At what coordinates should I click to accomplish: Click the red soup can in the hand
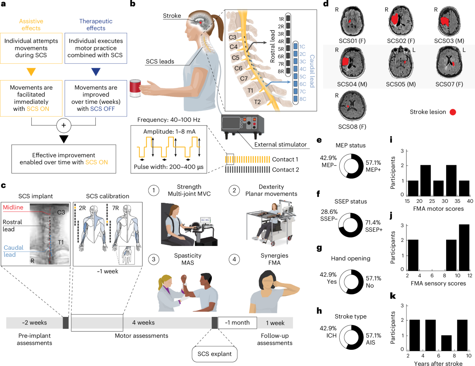click(x=135, y=88)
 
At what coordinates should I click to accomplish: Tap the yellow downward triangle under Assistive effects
click(x=31, y=72)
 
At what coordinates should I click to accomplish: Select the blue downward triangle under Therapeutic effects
click(x=96, y=72)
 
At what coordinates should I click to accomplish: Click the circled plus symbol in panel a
click(x=64, y=125)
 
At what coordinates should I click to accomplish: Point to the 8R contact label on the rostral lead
click(x=281, y=71)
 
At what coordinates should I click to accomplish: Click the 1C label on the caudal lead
click(x=302, y=47)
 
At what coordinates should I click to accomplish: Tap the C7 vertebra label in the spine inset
click(x=244, y=78)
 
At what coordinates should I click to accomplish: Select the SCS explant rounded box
click(x=215, y=354)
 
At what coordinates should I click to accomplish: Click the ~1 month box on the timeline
click(x=237, y=323)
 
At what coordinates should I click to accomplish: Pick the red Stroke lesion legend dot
click(x=453, y=112)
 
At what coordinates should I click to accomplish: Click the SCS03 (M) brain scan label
click(x=449, y=41)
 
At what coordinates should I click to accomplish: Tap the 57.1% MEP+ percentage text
click(x=373, y=163)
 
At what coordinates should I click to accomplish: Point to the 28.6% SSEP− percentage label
click(x=329, y=212)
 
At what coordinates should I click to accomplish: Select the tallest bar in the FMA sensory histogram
click(x=464, y=248)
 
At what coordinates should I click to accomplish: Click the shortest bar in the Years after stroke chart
click(x=446, y=343)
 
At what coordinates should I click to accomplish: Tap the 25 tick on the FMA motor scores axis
click(x=432, y=201)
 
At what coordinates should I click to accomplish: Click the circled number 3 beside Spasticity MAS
click(x=154, y=259)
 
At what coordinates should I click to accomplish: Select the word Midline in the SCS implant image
click(x=13, y=207)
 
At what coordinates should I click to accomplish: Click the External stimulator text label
click(x=280, y=145)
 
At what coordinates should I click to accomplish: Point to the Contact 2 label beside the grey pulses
click(x=285, y=170)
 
